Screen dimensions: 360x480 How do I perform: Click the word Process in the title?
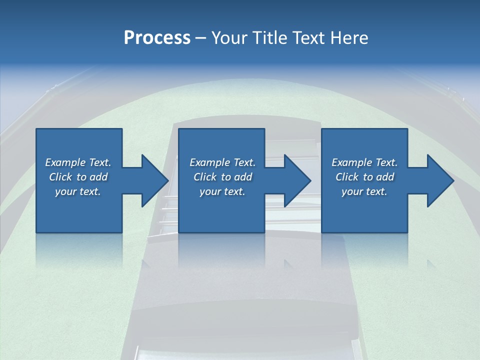[x=157, y=38]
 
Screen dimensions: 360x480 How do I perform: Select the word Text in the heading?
[x=311, y=38]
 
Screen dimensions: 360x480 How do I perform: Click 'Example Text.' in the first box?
[x=78, y=162]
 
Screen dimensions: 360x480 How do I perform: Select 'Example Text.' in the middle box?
[x=222, y=162]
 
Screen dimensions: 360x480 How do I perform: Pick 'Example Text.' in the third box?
[x=364, y=162]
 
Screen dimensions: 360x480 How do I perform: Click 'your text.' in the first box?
[x=78, y=191]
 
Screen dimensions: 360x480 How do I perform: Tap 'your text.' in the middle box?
[x=222, y=191]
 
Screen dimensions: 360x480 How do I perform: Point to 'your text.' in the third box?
[x=364, y=191]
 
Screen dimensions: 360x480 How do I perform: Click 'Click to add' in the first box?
[x=78, y=177]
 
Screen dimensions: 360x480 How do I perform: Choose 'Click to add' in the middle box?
[x=222, y=177]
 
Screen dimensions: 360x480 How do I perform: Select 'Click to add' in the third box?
[x=364, y=177]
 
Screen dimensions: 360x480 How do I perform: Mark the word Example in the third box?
[x=351, y=162]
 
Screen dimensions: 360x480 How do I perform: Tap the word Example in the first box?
[x=65, y=162]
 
